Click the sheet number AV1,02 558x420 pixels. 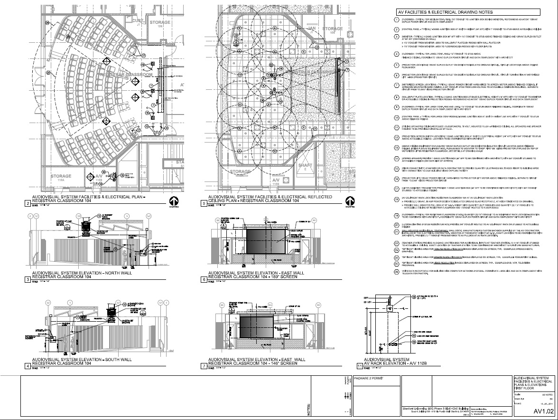click(543, 410)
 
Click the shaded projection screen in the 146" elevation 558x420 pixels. click(257, 328)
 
